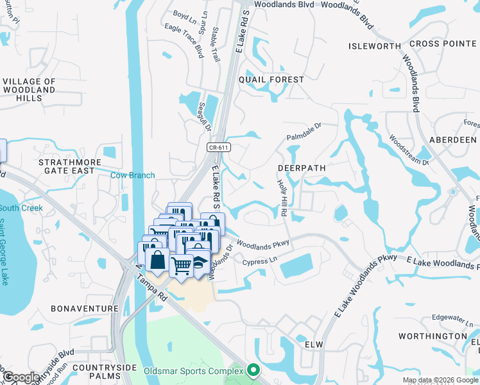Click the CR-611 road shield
219,148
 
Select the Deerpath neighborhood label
302,167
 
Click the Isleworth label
374,46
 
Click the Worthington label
433,336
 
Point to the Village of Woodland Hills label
30,90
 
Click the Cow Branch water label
133,175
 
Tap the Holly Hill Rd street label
282,198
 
